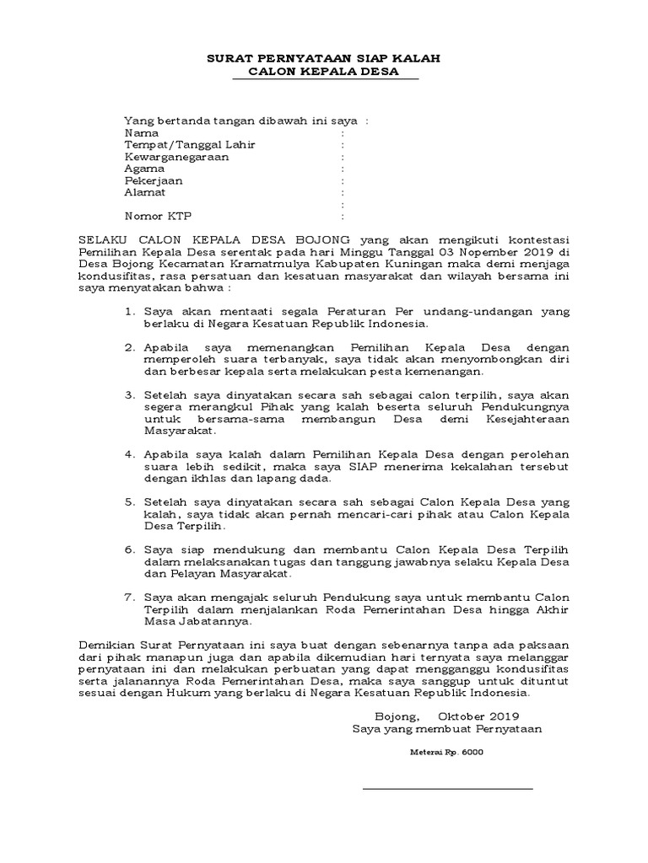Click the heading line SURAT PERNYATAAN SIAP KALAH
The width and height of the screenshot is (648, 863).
(324, 59)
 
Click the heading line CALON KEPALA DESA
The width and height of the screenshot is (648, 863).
(324, 72)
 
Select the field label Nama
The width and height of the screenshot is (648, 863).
(141, 133)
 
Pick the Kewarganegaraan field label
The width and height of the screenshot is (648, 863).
(176, 157)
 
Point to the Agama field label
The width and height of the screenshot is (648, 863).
(144, 169)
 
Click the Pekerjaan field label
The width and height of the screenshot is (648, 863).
(153, 180)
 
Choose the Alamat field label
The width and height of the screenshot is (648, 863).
(144, 192)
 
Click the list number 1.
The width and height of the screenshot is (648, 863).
(129, 311)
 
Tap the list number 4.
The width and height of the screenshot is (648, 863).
(129, 453)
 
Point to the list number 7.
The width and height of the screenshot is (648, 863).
(129, 596)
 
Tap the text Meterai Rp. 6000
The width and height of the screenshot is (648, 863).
(447, 752)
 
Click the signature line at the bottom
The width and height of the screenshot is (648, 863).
(447, 790)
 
